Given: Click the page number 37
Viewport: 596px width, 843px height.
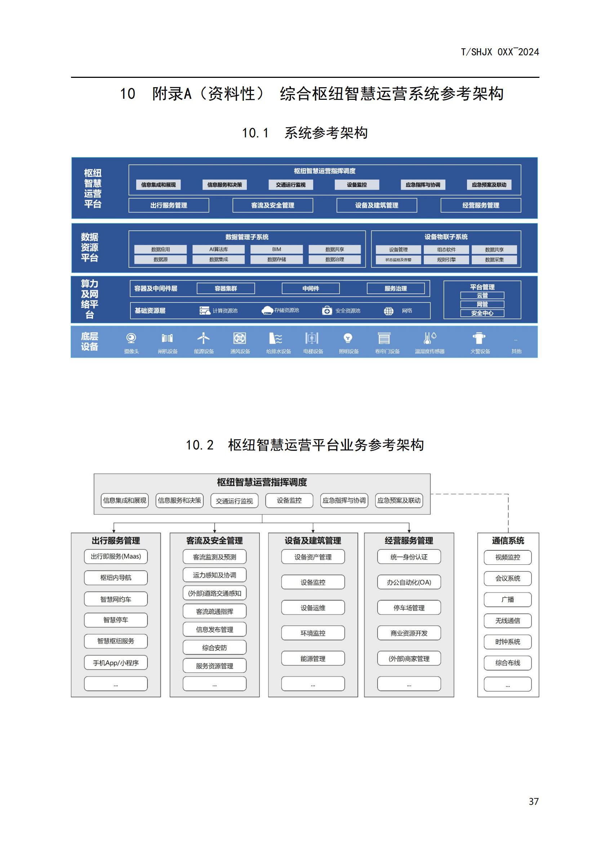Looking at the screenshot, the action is [x=534, y=801].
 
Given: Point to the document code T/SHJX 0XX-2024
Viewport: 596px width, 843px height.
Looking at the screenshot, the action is [x=500, y=52].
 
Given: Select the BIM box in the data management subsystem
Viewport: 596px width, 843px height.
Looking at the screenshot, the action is [x=276, y=249].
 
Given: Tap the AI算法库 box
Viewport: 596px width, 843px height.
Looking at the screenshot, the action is [x=218, y=249].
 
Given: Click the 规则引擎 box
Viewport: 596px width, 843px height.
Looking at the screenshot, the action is [x=446, y=259].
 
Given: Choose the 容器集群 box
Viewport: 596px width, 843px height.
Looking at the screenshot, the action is [x=226, y=288].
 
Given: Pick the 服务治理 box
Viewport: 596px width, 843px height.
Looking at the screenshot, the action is [x=396, y=288].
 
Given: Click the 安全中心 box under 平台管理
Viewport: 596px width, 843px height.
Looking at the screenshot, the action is [x=482, y=313].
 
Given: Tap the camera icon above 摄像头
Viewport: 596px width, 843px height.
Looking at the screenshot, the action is [x=131, y=338].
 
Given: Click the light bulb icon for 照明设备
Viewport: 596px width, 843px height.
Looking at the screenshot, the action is [x=348, y=338].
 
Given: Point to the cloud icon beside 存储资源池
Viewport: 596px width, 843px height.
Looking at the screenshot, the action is [x=267, y=310].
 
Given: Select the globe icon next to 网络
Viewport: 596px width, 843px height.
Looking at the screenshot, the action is [x=389, y=311].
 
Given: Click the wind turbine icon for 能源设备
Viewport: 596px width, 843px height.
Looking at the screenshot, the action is [x=203, y=338].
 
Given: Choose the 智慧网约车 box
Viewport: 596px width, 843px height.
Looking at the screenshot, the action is [x=116, y=599].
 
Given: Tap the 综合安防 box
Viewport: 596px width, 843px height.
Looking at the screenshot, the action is [x=214, y=648].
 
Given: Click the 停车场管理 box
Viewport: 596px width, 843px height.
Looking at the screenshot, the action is [x=409, y=608].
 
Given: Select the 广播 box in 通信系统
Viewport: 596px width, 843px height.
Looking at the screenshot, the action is [x=508, y=600].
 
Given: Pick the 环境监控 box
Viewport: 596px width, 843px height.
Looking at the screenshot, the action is [x=313, y=633].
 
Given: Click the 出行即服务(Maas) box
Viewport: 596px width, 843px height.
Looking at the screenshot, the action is [x=116, y=556].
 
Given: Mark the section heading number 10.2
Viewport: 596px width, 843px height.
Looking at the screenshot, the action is [x=200, y=445].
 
